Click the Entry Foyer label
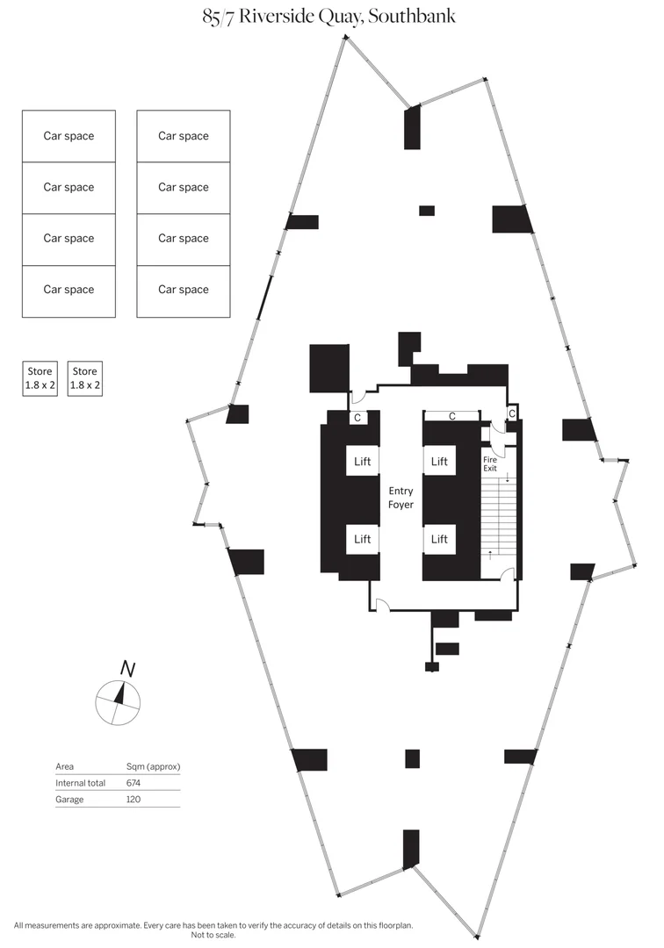(401, 498)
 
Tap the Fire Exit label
(490, 463)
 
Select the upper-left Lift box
(362, 462)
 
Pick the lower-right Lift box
(439, 539)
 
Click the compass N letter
(127, 669)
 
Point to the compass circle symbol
(118, 703)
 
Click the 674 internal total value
(133, 783)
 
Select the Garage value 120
(133, 800)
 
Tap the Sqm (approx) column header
(153, 766)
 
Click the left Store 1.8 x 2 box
(40, 378)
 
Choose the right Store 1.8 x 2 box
(84, 378)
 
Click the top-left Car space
(69, 136)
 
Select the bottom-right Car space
(184, 291)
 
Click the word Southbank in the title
(411, 16)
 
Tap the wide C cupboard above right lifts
(451, 416)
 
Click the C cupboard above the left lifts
(357, 417)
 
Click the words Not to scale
(213, 935)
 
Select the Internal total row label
(81, 783)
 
